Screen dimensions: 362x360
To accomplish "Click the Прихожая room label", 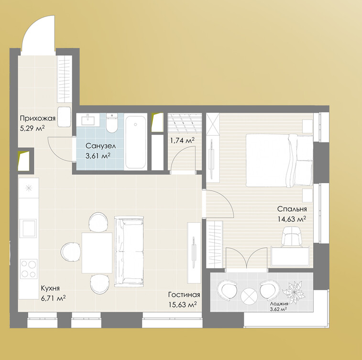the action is tap(38, 119).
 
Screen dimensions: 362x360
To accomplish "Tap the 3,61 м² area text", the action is tap(98, 156).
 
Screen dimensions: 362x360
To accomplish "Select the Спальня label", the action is tap(292, 209).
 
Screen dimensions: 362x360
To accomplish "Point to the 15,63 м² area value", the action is tap(183, 305).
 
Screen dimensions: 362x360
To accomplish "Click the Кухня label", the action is tap(50, 288).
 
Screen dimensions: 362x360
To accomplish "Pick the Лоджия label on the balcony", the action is tap(279, 304).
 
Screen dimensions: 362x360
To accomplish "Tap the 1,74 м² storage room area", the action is tap(182, 140).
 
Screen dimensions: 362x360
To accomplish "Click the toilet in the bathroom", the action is tap(112, 123).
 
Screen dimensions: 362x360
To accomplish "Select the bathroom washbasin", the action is tap(88, 120).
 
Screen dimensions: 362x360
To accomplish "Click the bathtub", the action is tap(135, 142).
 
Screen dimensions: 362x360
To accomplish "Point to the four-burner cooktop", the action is tap(29, 269).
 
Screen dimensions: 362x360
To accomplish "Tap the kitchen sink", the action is tap(28, 228).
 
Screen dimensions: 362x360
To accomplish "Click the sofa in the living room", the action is tap(129, 251).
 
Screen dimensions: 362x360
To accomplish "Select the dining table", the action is tap(97, 253).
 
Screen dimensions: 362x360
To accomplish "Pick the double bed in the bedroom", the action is tap(279, 160).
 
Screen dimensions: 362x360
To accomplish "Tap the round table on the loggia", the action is tap(249, 296).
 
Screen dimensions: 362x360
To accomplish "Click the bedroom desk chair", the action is tap(292, 237).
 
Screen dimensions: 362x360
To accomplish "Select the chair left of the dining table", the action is tap(71, 252).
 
